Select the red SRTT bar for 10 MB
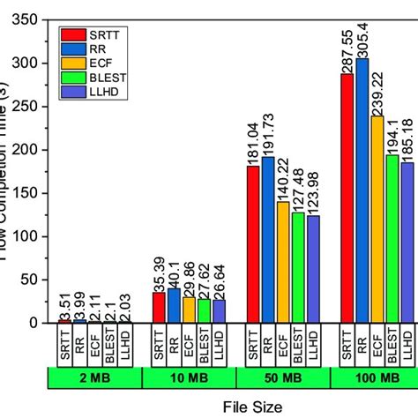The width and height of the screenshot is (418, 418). [158, 308]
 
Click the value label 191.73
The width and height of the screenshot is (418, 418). [268, 135]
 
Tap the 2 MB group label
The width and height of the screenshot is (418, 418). [93, 378]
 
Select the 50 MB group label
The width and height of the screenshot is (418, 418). [282, 378]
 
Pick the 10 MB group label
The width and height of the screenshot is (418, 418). [188, 378]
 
